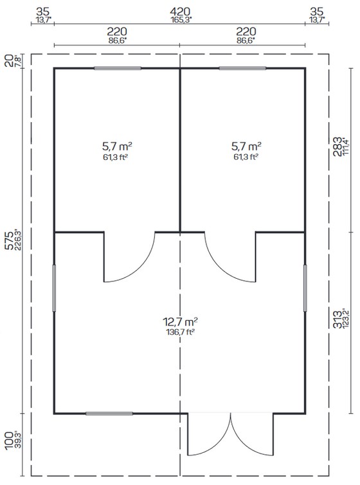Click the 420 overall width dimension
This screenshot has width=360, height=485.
180,12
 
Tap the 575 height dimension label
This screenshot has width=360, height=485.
10,240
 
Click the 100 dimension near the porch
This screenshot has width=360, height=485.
10,440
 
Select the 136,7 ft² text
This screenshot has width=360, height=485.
181,333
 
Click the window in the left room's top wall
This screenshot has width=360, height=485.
118,68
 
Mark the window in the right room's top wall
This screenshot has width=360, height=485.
242,68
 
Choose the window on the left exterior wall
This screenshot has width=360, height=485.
54,288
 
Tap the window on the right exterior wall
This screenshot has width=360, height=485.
305,288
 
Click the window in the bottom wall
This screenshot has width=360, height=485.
109,414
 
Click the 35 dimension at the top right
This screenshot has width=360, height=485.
317,12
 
